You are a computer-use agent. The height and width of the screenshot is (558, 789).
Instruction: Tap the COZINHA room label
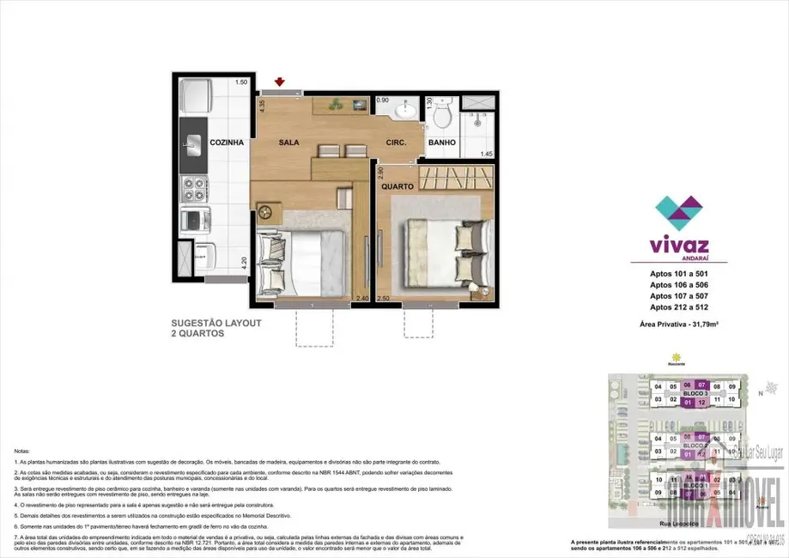227,143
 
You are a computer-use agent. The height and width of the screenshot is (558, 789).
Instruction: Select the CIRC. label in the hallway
396,143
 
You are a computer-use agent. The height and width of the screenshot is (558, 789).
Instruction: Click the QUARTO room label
398,186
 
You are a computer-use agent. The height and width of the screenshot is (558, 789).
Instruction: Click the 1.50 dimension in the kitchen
241,82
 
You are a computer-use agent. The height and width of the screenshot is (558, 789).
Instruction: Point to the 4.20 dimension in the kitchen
244,264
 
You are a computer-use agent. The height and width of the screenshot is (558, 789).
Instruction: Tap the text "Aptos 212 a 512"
678,306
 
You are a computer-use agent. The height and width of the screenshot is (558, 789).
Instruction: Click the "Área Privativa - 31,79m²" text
678,324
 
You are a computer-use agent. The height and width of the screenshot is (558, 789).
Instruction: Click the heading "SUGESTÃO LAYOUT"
216,323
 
